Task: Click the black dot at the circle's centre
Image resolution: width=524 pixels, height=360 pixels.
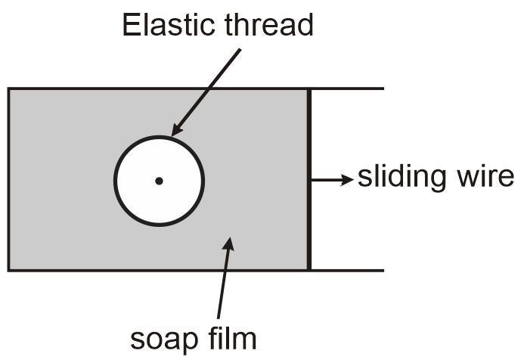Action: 159,181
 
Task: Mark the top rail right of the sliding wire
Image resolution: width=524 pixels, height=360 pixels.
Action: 348,88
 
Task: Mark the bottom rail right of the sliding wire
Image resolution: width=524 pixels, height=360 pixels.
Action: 348,270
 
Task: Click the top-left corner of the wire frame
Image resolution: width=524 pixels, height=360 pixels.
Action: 9,89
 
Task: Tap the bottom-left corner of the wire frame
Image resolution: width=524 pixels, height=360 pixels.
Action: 9,270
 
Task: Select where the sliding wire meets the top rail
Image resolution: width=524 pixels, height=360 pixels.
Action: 309,89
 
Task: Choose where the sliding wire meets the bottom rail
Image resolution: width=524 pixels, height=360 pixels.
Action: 309,270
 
